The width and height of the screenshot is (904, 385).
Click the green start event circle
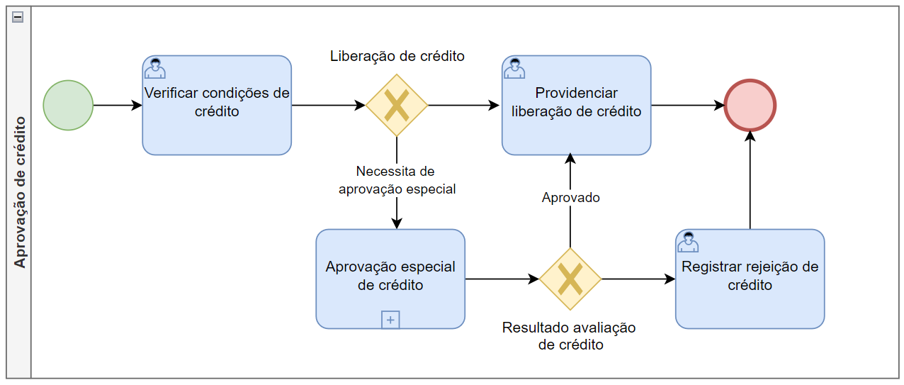tap(68, 106)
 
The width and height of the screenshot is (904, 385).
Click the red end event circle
tap(750, 106)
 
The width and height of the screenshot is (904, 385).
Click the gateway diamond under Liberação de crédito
tap(397, 106)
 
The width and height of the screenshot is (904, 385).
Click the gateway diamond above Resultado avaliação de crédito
tap(570, 279)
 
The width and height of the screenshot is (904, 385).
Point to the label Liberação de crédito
tap(397, 56)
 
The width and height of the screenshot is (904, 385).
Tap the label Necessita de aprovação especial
tap(397, 180)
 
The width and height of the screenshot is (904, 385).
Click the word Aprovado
tap(570, 198)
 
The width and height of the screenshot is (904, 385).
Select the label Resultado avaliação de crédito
tap(570, 336)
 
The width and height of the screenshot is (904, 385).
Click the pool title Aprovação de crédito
tap(19, 192)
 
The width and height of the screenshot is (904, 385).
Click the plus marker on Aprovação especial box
tap(390, 320)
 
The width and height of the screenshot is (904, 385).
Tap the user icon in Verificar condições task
tap(154, 68)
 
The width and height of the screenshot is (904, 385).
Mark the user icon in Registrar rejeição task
tap(688, 242)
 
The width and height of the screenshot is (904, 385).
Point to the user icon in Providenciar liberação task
tap(514, 68)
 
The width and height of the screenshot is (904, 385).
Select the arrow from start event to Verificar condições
tap(118, 106)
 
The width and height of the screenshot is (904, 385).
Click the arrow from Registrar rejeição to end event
tap(750, 180)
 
